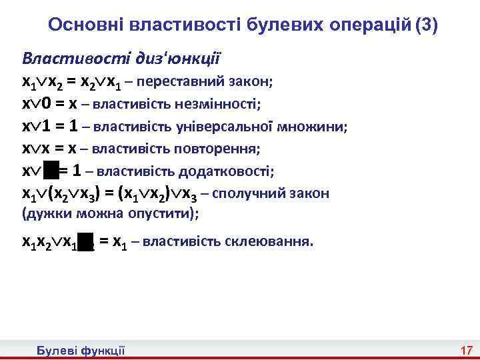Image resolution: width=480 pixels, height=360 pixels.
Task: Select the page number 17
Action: (466, 351)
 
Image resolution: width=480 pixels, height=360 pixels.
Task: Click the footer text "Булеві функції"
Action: (81, 351)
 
